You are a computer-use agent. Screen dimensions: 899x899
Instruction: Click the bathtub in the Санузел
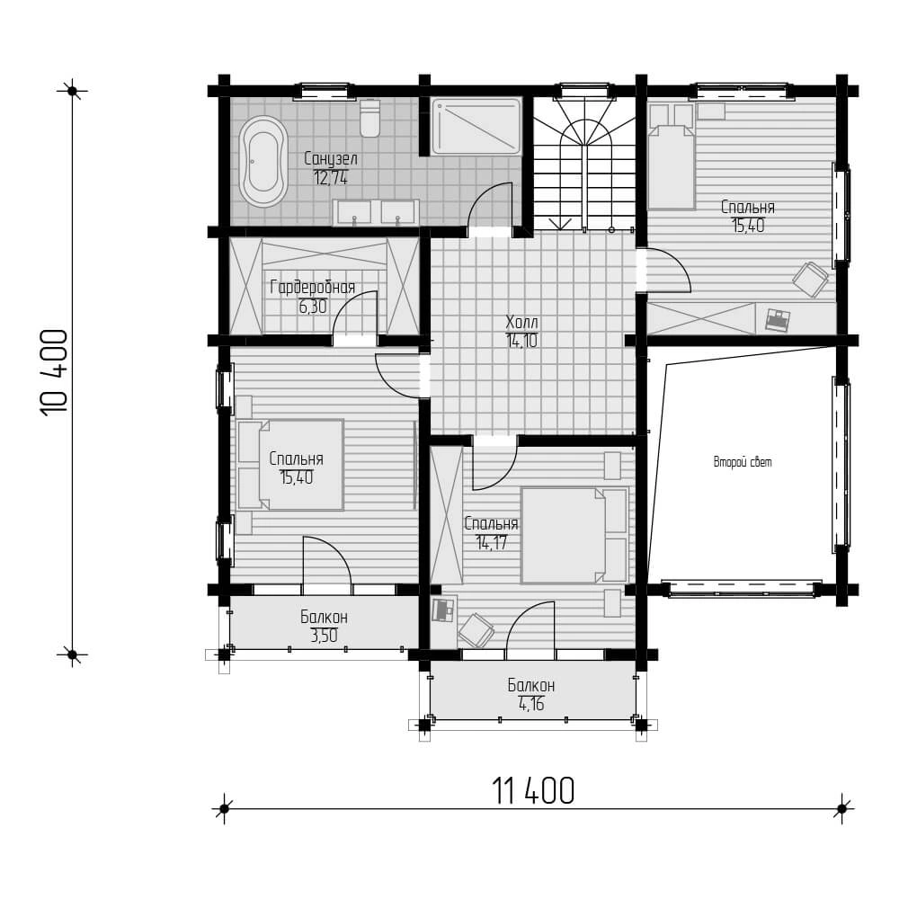click(263, 162)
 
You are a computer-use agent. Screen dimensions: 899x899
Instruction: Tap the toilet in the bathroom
click(369, 119)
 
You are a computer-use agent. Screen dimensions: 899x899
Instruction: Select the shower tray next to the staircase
click(476, 126)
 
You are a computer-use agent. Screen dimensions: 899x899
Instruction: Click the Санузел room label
click(331, 159)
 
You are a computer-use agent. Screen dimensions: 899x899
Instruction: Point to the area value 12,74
click(331, 177)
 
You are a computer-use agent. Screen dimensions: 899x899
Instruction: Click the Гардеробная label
click(313, 287)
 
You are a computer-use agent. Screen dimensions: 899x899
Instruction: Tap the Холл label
click(521, 322)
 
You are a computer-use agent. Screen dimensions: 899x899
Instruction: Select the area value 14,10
click(521, 341)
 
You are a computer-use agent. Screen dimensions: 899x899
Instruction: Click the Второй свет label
click(743, 461)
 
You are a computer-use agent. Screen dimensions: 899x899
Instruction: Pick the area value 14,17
click(492, 542)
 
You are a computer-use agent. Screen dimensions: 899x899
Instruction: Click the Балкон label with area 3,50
click(324, 617)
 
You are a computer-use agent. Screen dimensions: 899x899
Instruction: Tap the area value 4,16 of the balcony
click(531, 704)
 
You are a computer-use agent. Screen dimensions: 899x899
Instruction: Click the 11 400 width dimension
click(533, 790)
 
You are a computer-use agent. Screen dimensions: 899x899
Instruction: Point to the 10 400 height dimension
click(55, 372)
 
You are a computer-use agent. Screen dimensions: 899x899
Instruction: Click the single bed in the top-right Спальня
click(671, 156)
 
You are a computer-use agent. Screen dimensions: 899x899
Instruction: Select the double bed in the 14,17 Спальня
click(574, 535)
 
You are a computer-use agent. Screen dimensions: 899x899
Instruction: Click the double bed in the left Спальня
click(290, 465)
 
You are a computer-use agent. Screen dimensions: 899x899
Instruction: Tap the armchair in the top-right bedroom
click(810, 280)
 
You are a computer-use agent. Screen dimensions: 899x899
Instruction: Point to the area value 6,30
click(313, 307)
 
